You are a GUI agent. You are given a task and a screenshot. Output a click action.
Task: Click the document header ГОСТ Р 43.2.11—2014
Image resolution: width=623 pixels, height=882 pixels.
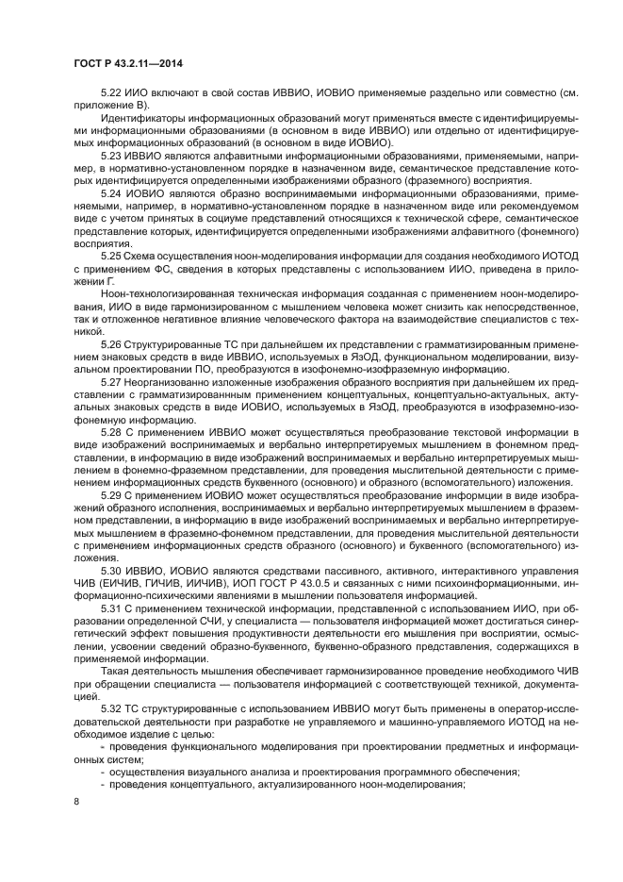pyautogui.click(x=127, y=63)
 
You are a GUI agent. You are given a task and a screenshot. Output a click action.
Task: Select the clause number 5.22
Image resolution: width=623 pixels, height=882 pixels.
pyautogui.click(x=112, y=96)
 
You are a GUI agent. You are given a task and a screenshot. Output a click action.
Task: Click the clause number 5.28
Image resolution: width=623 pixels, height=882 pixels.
pyautogui.click(x=112, y=430)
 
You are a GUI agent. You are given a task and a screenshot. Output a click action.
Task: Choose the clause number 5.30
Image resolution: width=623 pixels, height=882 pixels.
pyautogui.click(x=112, y=572)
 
